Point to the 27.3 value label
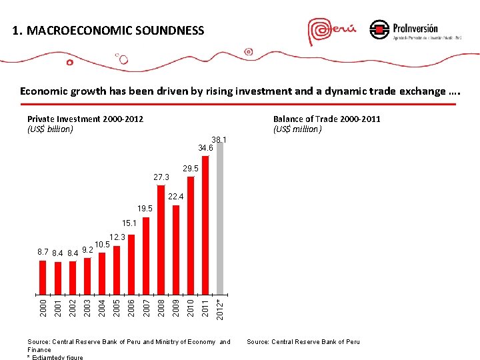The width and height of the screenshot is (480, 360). point(161,177)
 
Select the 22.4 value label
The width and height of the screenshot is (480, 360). point(176,197)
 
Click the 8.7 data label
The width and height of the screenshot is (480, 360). point(42,253)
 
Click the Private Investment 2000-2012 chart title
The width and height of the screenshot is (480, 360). point(85,119)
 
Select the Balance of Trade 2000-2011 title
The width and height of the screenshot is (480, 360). point(327,119)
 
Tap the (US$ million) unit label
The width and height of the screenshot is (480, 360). point(297,129)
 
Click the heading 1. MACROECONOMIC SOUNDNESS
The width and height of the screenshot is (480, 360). point(109,30)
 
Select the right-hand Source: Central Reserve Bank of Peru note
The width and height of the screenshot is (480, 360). point(303,342)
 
